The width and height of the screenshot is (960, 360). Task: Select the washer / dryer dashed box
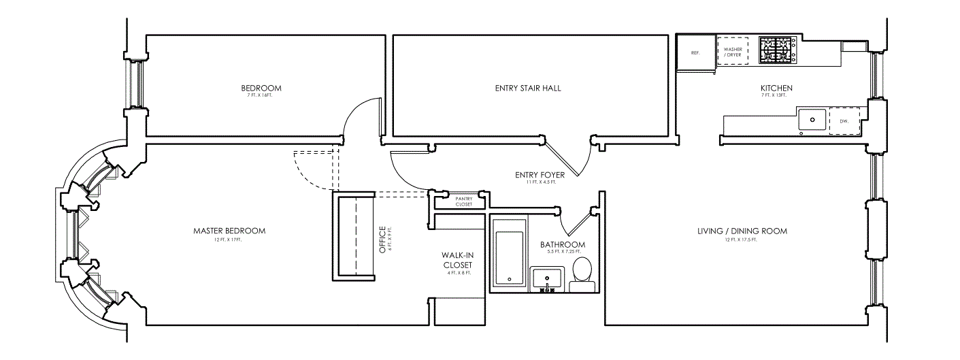click(733, 50)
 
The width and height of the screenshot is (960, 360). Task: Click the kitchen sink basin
click(812, 120)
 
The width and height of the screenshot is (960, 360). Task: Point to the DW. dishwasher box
click(844, 120)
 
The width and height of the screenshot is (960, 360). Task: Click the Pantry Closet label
click(464, 201)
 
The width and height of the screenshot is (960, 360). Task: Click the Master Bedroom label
click(229, 231)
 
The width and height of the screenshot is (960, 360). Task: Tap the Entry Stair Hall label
click(528, 88)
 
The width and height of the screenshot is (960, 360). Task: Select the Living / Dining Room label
click(742, 231)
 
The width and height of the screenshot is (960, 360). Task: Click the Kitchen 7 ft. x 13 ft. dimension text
click(776, 96)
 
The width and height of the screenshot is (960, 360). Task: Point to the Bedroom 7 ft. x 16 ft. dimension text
click(261, 96)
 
